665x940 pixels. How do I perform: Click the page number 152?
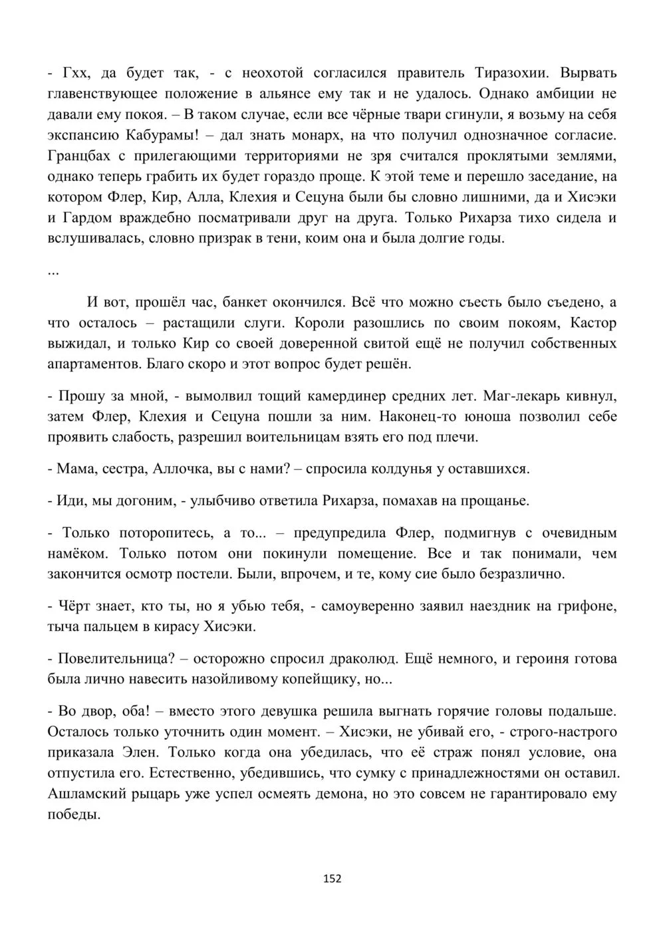tap(332, 879)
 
